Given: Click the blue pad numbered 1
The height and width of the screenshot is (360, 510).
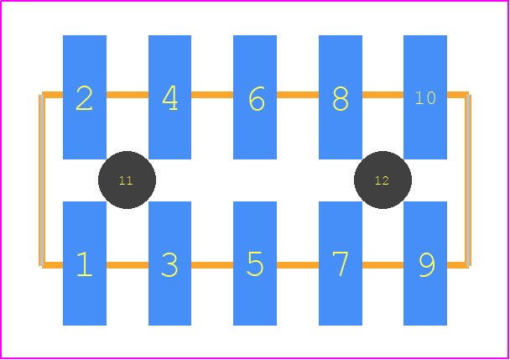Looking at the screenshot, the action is click(85, 263).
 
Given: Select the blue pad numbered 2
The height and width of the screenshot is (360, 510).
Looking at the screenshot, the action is click(85, 97).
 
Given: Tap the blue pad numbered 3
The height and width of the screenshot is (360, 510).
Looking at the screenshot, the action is click(169, 263).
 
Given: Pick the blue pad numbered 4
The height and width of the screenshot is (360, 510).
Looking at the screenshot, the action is click(169, 97).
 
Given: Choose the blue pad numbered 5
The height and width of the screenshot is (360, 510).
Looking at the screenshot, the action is click(255, 263).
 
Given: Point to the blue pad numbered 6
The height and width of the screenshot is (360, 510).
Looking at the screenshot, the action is click(255, 97).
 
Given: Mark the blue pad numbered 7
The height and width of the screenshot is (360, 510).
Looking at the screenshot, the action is click(341, 263).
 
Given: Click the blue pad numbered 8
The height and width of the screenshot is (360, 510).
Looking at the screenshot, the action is click(341, 97).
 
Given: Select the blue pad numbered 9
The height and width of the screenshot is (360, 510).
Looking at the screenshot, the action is click(425, 263).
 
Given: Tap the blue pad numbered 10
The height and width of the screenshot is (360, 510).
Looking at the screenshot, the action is click(425, 97).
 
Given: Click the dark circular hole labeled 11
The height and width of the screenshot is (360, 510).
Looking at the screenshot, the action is click(127, 180).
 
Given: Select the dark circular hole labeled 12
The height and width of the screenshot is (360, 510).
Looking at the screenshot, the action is click(382, 180).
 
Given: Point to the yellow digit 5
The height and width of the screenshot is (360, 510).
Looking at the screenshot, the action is click(255, 263).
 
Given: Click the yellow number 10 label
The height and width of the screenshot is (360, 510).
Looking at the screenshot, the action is click(425, 97).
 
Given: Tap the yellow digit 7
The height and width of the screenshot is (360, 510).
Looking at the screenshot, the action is click(341, 263).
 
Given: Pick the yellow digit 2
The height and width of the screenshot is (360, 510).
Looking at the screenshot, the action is click(84, 98).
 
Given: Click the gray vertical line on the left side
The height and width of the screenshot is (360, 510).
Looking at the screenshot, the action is click(42, 180).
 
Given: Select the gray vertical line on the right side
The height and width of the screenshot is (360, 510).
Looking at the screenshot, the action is click(468, 180).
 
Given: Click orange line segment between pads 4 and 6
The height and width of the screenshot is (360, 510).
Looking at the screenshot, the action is click(212, 95).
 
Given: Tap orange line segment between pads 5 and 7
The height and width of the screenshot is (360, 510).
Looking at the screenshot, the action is click(298, 265).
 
